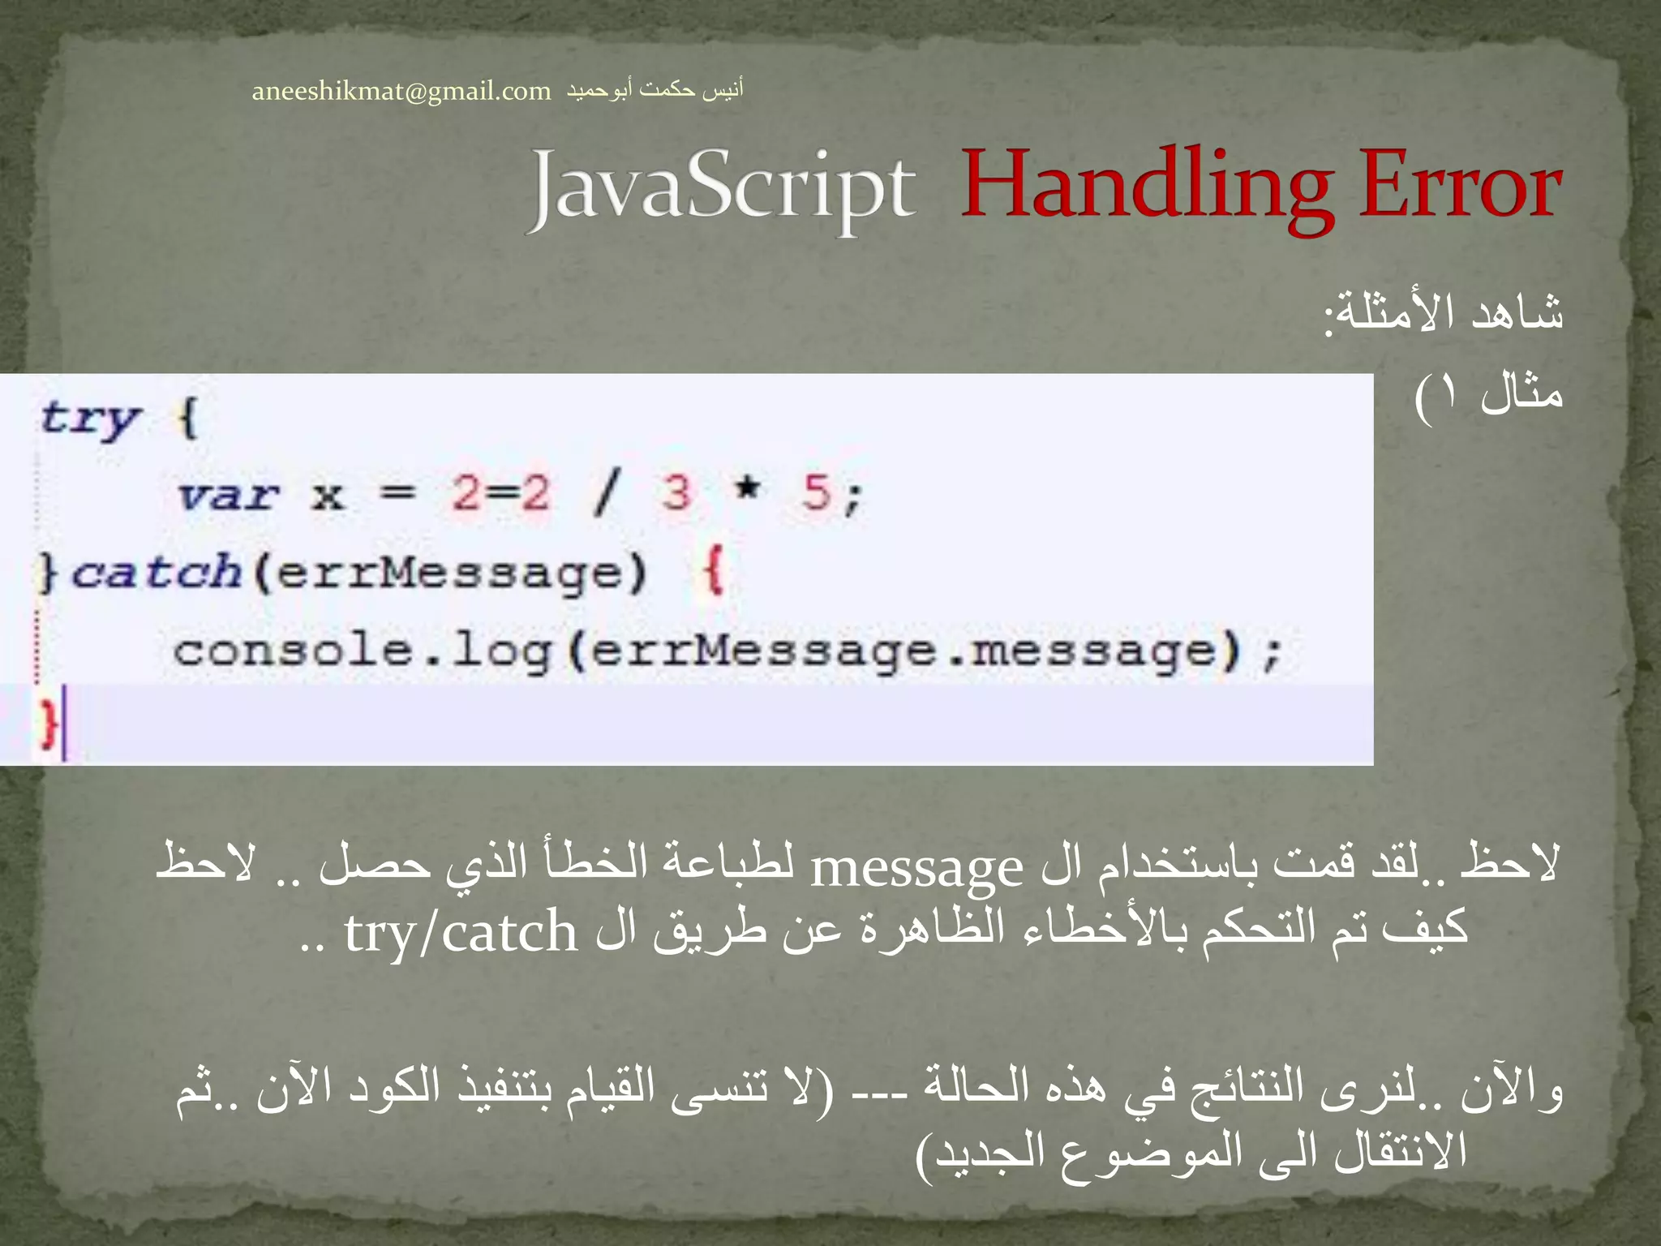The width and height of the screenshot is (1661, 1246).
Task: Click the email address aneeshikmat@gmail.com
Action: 401,91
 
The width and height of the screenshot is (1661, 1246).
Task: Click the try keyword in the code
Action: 91,419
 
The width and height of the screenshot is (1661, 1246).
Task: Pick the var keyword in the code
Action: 228,495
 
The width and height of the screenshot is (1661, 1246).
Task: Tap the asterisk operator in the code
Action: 747,489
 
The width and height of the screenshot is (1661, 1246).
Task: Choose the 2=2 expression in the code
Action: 500,493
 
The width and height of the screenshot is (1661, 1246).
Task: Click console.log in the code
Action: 362,651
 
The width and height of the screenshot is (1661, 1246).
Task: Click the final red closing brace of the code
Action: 49,722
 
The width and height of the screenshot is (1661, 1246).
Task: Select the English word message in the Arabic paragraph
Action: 916,870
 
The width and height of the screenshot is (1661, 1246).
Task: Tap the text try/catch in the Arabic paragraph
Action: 461,933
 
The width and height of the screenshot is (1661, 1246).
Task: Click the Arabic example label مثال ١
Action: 1489,396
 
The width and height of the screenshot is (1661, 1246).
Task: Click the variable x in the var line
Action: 328,495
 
